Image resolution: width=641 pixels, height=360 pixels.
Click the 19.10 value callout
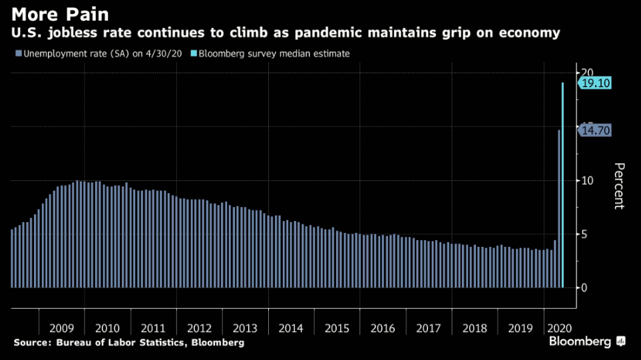(595, 83)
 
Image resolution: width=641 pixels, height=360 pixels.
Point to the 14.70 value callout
(595, 130)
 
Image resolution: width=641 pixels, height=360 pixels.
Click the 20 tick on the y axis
(586, 73)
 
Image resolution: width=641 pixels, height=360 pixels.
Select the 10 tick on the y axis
(586, 180)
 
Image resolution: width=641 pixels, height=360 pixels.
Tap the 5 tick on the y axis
(584, 234)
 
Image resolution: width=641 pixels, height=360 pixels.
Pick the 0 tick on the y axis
(584, 287)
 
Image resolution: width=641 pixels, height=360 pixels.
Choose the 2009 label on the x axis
(61, 328)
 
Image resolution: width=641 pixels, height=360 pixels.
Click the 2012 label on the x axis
(200, 328)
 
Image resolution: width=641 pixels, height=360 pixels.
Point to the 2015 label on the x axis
(337, 328)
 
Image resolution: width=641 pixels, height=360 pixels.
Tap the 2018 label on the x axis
(475, 328)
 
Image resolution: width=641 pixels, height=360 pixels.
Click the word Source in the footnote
(31, 343)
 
